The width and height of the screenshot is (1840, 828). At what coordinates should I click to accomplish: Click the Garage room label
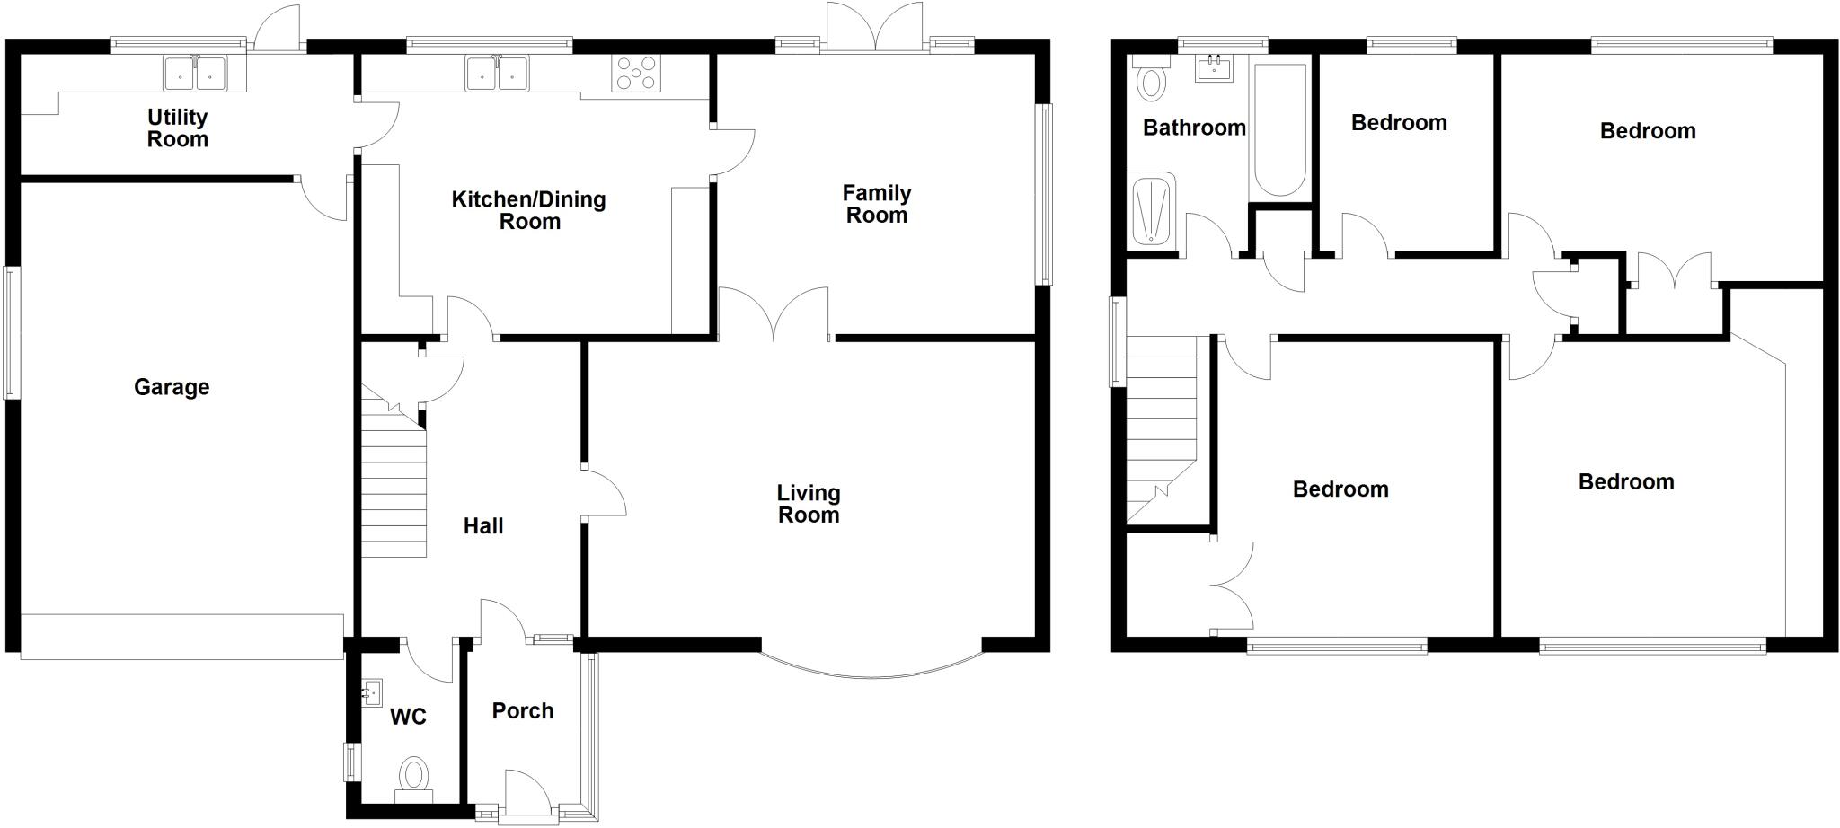pyautogui.click(x=172, y=387)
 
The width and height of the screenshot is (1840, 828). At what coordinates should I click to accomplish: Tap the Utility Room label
pyautogui.click(x=178, y=128)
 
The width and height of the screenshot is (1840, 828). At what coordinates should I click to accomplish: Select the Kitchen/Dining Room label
pyautogui.click(x=528, y=210)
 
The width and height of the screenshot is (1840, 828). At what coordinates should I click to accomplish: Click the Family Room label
pyautogui.click(x=877, y=204)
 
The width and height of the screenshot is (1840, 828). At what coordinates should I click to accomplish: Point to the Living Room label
pyautogui.click(x=809, y=503)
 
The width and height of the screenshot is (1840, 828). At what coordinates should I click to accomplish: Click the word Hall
pyautogui.click(x=483, y=526)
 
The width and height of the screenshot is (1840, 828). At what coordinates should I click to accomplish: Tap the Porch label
pyautogui.click(x=523, y=711)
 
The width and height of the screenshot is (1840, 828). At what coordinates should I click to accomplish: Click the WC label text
pyautogui.click(x=408, y=718)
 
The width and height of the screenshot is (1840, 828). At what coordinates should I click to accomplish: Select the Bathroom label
pyautogui.click(x=1194, y=128)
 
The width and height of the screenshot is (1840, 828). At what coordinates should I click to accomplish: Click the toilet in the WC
pyautogui.click(x=414, y=777)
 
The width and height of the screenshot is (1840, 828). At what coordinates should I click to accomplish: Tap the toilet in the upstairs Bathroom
pyautogui.click(x=1150, y=81)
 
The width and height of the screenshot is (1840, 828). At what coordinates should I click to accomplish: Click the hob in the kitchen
pyautogui.click(x=636, y=74)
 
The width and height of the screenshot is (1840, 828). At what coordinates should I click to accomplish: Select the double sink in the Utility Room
pyautogui.click(x=195, y=74)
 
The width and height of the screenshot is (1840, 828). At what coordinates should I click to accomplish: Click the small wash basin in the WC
pyautogui.click(x=371, y=692)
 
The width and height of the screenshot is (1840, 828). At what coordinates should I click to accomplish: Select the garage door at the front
pyautogui.click(x=181, y=637)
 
